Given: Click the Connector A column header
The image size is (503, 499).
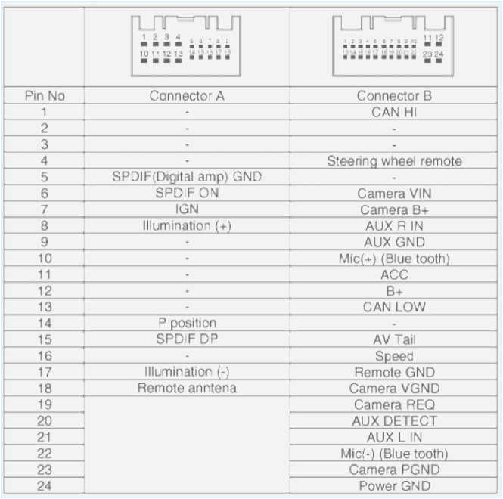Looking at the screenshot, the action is [x=187, y=96].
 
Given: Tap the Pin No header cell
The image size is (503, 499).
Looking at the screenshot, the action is [x=45, y=96].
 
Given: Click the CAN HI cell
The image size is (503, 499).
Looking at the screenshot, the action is [x=394, y=112].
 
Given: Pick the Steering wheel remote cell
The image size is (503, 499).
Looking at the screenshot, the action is [x=394, y=161].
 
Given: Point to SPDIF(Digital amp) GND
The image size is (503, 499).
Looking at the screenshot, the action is [x=187, y=177].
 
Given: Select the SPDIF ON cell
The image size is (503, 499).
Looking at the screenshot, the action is [x=187, y=193].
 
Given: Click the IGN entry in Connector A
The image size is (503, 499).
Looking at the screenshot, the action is [x=187, y=209].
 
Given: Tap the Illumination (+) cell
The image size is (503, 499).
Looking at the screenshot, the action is [x=187, y=225].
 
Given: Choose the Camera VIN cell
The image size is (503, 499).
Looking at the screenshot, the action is [x=394, y=194].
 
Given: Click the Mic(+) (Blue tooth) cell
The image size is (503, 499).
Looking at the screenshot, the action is [x=394, y=259].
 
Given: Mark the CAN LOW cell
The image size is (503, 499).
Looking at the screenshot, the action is [x=394, y=307].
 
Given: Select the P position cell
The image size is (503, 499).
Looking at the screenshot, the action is [x=187, y=323].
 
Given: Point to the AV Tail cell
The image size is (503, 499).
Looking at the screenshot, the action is [x=394, y=339].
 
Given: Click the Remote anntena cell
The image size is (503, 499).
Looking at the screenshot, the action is [x=187, y=388].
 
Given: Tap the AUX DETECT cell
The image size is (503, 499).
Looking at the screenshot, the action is [x=394, y=420].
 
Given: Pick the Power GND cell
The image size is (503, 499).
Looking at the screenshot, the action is [x=394, y=485].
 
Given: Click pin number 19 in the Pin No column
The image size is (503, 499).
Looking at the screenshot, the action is [x=45, y=404].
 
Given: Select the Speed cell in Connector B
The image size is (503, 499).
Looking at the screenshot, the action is [x=394, y=355].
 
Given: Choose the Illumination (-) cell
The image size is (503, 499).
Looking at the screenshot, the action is [x=187, y=371].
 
